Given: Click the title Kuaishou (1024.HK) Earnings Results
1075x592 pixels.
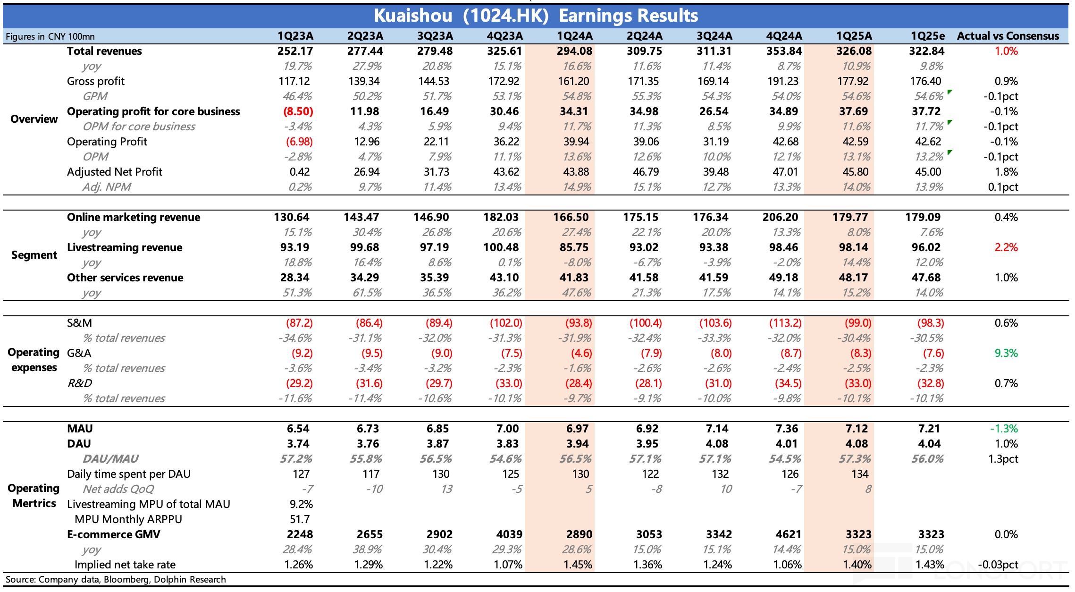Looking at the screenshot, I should click(x=536, y=16).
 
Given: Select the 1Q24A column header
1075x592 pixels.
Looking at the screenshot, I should click(x=574, y=36).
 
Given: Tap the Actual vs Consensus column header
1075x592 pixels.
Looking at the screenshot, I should click(x=1008, y=36).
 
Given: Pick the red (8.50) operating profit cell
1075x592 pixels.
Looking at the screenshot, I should click(x=298, y=111).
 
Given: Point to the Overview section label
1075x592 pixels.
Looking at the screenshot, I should click(x=34, y=119).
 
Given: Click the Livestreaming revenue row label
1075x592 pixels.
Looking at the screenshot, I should click(x=125, y=247).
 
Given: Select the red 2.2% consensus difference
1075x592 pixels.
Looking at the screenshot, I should click(x=1006, y=247).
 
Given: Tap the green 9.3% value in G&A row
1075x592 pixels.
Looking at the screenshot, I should click(x=1006, y=353).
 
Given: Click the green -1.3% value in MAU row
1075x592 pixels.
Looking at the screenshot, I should click(x=1004, y=429).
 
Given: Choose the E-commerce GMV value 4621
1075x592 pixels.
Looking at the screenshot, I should click(x=788, y=534).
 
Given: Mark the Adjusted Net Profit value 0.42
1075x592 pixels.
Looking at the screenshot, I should click(x=300, y=172).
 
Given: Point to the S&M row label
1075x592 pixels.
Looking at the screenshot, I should click(x=79, y=323).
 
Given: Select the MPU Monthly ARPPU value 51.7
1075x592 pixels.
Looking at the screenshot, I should click(x=300, y=519).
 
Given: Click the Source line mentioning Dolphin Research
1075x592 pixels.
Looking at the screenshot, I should click(x=116, y=580).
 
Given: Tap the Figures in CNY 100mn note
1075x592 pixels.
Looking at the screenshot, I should click(x=50, y=36).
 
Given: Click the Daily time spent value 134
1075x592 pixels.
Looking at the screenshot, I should click(x=860, y=474).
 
